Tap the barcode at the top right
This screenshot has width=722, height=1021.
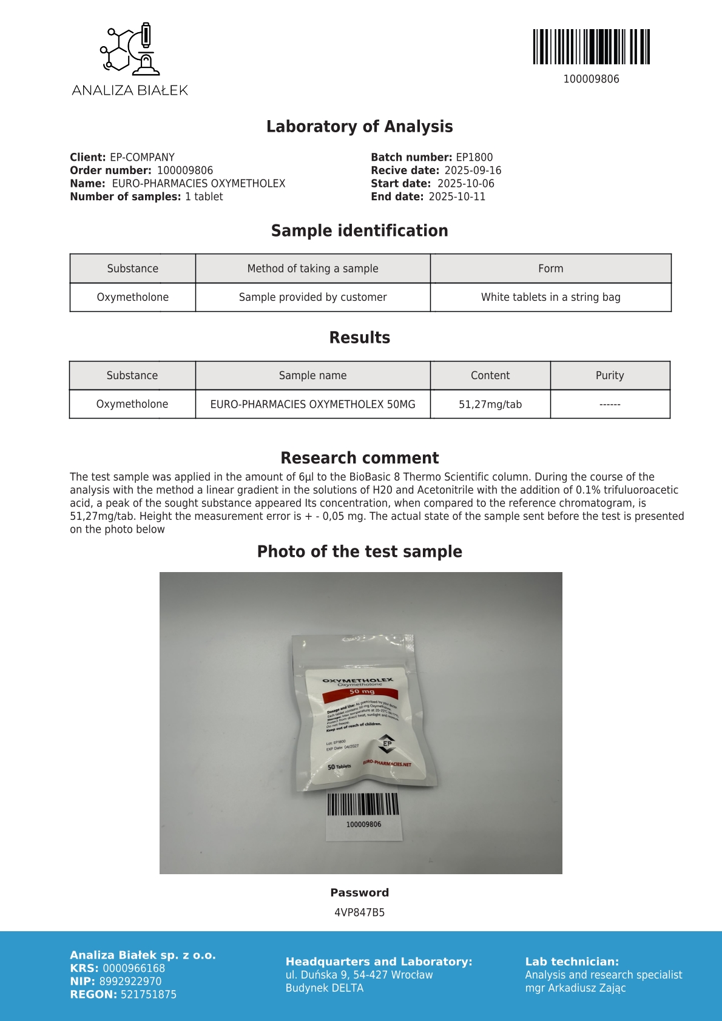[591, 47]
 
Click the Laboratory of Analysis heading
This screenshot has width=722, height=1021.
[360, 126]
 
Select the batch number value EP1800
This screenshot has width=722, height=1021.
[474, 157]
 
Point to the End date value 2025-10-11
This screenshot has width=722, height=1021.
[457, 197]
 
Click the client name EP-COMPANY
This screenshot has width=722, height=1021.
[142, 157]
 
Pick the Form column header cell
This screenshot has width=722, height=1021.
[550, 268]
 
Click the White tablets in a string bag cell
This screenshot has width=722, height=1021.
[550, 297]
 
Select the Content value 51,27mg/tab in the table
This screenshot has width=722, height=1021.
[490, 404]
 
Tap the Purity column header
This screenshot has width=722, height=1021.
[610, 376]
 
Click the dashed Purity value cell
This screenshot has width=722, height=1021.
[610, 404]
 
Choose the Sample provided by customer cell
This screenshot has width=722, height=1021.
[312, 297]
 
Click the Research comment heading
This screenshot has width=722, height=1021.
[360, 458]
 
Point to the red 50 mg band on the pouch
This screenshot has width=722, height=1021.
[362, 692]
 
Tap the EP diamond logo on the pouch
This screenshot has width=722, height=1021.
[387, 743]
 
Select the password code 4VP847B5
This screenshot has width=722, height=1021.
[360, 912]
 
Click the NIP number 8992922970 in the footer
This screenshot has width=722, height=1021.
[130, 981]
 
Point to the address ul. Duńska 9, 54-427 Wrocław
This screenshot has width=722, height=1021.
[359, 975]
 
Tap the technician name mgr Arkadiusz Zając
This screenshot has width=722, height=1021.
[575, 988]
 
